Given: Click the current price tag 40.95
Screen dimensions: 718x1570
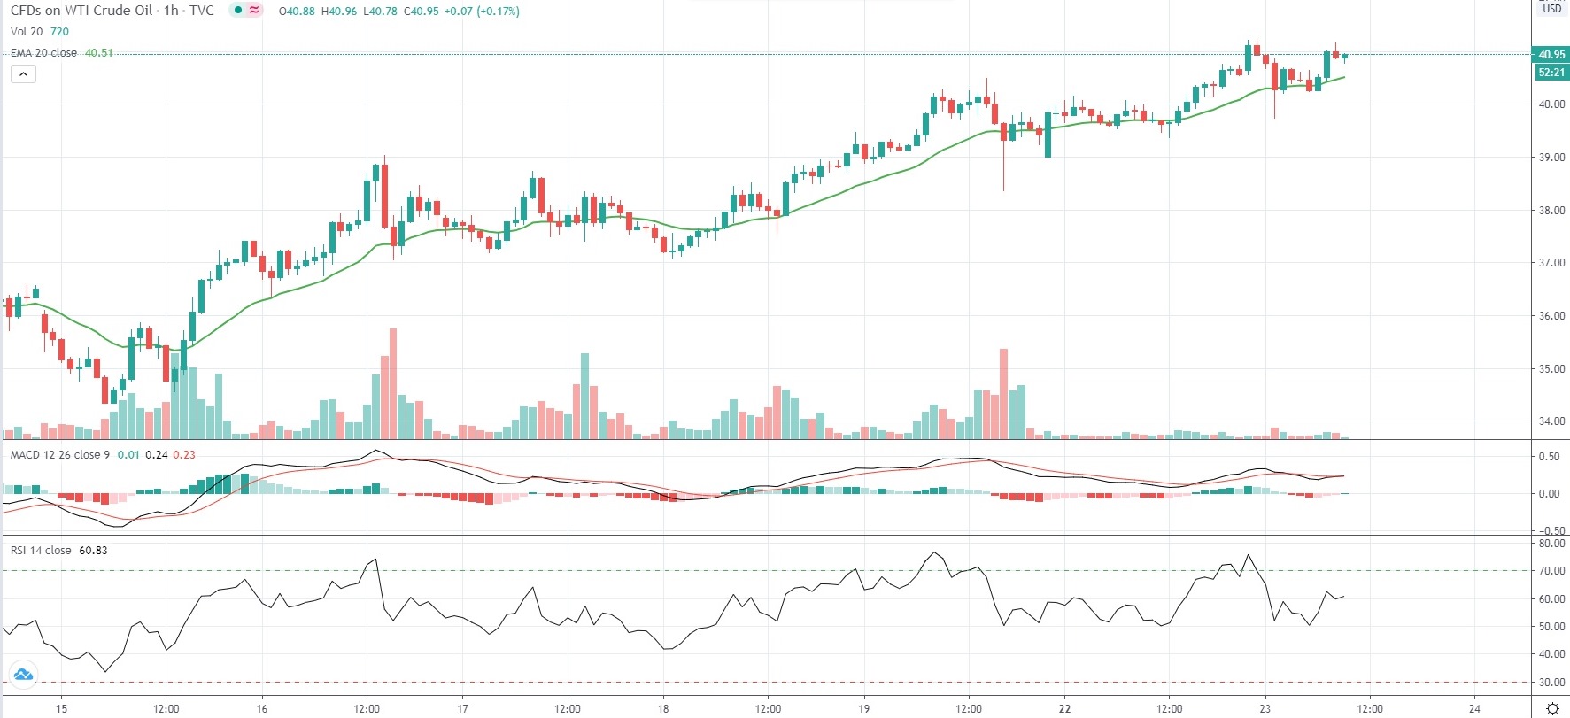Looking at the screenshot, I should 1551,54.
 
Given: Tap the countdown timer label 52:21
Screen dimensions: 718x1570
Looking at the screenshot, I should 1551,72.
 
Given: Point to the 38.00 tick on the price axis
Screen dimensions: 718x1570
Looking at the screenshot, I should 1551,211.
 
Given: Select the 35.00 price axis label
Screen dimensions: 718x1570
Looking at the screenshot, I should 1551,369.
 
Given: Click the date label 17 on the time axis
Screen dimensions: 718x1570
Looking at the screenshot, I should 463,708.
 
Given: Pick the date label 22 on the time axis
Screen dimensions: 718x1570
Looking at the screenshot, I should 1064,708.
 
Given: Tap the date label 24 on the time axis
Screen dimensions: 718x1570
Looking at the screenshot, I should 1474,708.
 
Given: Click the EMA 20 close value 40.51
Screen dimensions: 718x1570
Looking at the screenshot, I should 98,53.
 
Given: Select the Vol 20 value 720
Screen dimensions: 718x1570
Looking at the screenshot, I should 59,32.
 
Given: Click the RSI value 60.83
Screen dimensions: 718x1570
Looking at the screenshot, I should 93,551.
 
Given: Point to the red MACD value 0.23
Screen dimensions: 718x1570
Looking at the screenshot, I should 184,455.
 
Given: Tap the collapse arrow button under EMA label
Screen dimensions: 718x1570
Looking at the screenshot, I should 23,74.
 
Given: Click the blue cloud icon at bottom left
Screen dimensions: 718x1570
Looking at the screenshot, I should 23,676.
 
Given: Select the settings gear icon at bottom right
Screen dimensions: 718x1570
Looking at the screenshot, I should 1551,708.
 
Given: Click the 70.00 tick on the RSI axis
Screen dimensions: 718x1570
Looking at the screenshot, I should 1551,571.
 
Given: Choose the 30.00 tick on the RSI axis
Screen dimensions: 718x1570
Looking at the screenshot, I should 1551,683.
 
